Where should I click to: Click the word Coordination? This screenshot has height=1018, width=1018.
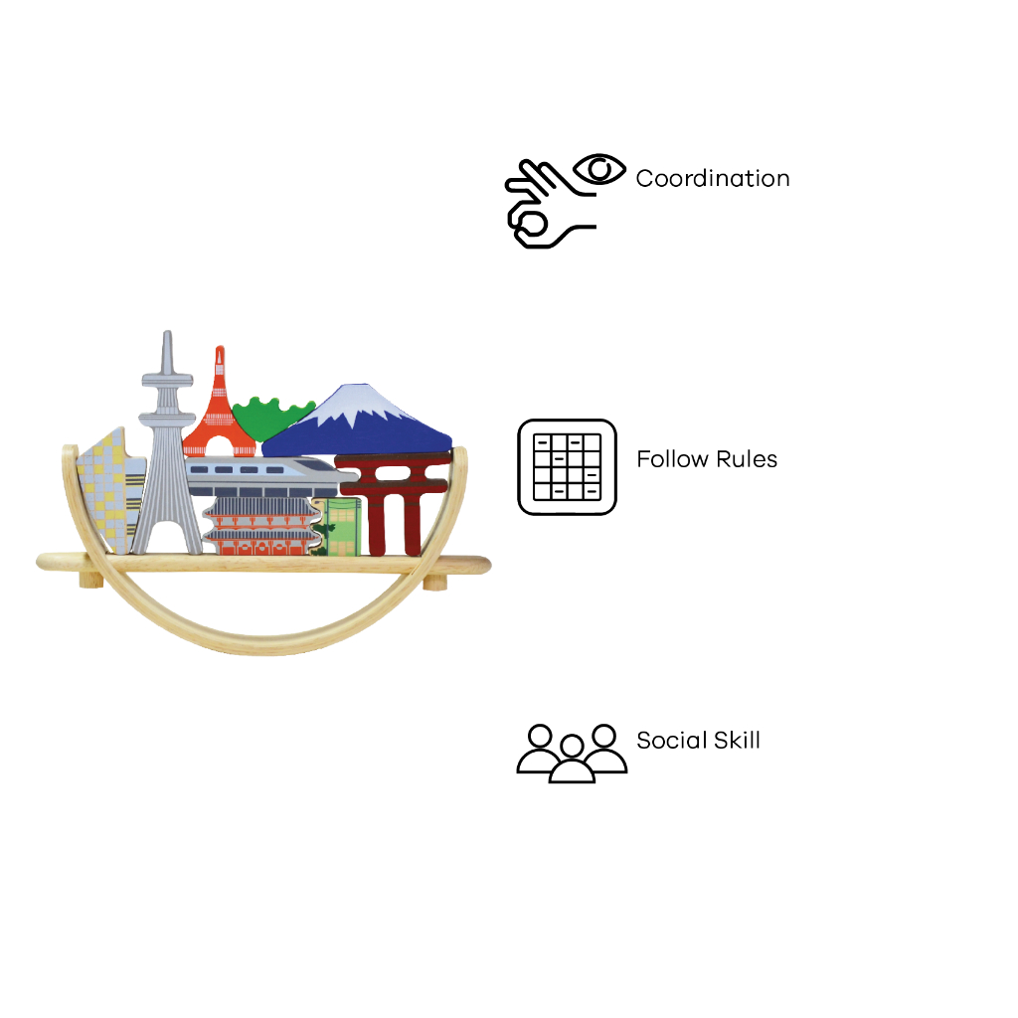coord(712,179)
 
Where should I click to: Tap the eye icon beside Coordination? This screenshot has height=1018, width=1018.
coord(599,169)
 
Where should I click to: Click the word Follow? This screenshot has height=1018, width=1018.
coord(672,459)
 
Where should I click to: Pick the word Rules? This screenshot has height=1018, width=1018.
coord(746,459)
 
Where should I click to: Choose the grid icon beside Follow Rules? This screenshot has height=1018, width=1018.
coord(567,467)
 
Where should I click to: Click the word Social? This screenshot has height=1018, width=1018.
coord(671,740)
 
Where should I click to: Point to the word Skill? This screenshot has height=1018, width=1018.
coord(737,740)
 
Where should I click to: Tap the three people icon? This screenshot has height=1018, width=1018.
coord(572,754)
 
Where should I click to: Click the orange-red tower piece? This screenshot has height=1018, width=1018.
coord(219,412)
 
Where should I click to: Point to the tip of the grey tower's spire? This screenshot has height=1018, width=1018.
coord(167,332)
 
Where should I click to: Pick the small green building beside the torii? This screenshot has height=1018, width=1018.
coord(339,527)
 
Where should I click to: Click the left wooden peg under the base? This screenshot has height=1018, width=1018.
coord(90,580)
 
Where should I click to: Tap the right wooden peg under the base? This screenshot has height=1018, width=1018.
coord(435,583)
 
